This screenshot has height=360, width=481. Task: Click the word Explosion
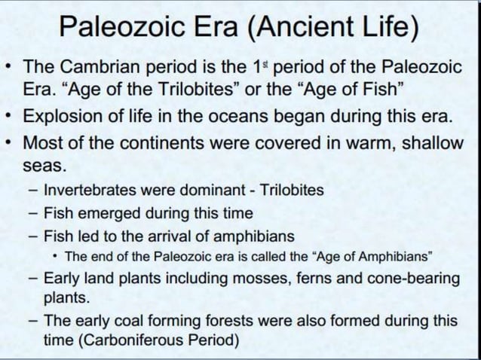click(x=66, y=118)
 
